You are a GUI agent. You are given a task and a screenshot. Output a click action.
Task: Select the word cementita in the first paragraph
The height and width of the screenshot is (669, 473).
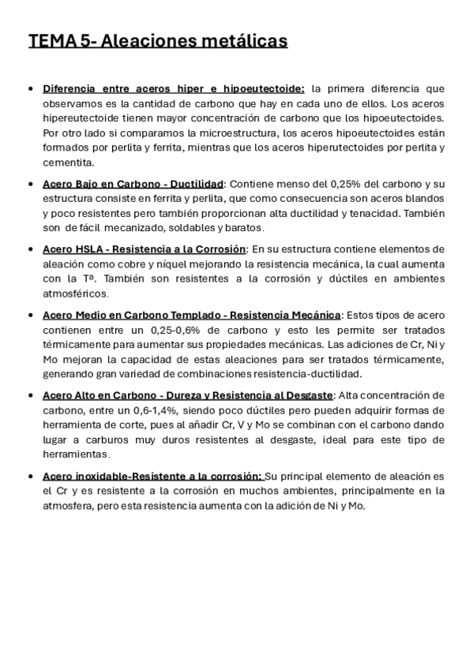tap(68, 163)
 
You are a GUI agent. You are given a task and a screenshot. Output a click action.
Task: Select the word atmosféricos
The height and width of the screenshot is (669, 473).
tap(75, 293)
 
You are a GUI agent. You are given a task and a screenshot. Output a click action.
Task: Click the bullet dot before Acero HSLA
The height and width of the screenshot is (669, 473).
tap(31, 249)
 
